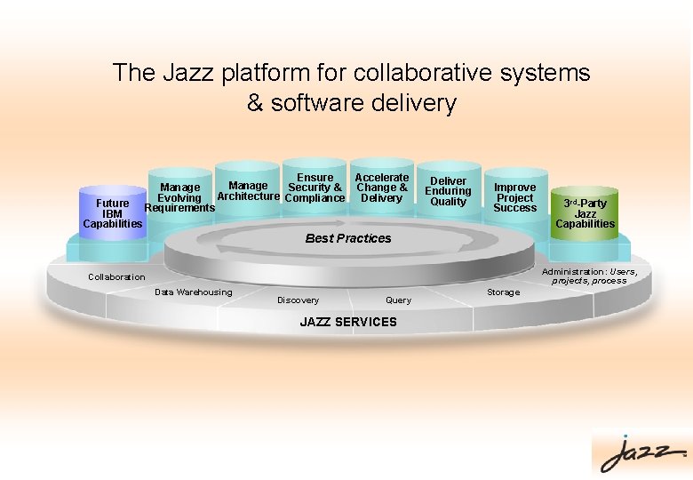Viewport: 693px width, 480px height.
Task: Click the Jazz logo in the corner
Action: click(641, 453)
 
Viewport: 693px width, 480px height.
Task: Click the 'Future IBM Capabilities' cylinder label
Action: click(112, 213)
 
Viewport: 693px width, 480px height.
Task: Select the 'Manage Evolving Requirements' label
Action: click(179, 198)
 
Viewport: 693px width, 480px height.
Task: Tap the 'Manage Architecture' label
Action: click(248, 191)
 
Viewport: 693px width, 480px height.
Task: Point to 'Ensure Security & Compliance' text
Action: click(315, 188)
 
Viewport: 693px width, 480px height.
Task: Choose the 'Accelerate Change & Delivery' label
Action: click(382, 188)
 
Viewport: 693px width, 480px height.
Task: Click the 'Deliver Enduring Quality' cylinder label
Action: click(448, 191)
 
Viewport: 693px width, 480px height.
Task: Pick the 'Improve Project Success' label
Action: click(515, 197)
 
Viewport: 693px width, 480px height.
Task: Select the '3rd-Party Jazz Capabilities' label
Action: click(585, 213)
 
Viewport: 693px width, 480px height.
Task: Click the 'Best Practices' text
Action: click(348, 238)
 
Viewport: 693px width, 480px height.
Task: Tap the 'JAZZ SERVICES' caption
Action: click(348, 322)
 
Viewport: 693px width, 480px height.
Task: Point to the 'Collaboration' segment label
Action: click(116, 277)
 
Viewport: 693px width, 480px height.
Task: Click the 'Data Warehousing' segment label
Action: click(193, 292)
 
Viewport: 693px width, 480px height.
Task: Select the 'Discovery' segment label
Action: click(299, 300)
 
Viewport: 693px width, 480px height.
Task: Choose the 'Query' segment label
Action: click(398, 300)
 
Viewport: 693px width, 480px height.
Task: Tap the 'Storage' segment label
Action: click(504, 292)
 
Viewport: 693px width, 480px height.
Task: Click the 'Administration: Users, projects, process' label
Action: click(589, 276)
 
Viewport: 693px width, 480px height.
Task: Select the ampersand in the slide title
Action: click(255, 104)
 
